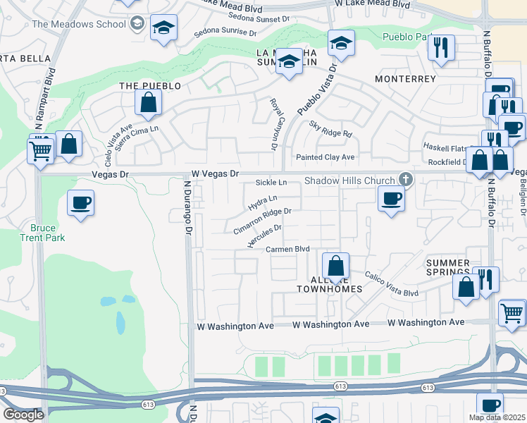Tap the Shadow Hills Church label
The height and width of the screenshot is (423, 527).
[x=349, y=180]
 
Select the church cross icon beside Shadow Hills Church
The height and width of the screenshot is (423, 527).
[x=404, y=179]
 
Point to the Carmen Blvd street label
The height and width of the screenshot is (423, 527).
[x=288, y=249]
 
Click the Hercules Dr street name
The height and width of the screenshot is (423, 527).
[x=265, y=236]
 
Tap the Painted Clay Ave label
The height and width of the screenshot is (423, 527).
[x=325, y=157]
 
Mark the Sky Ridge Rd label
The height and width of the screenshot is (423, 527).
[x=330, y=129]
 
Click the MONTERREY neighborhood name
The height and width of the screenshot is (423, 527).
[x=405, y=79]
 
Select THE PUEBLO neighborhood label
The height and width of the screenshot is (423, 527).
[x=150, y=86]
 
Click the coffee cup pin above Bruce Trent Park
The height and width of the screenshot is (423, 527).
[x=81, y=204]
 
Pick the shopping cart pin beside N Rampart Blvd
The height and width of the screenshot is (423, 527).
[x=40, y=149]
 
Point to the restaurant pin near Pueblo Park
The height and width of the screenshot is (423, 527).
[x=442, y=48]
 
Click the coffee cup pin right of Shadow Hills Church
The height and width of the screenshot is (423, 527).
[x=390, y=198]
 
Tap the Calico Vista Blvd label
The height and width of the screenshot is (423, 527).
[x=391, y=283]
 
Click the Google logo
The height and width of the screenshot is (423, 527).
[x=23, y=415]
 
